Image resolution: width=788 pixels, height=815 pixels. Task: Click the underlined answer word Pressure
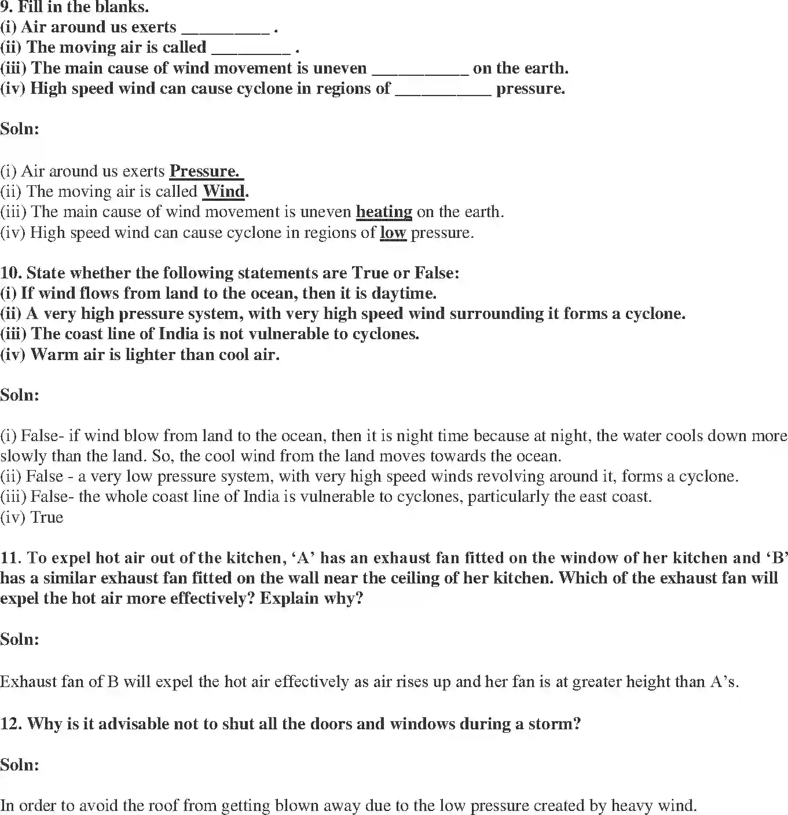pyautogui.click(x=204, y=171)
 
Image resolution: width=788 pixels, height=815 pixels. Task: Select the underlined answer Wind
pyautogui.click(x=223, y=192)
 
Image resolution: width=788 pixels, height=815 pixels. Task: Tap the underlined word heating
pyautogui.click(x=384, y=212)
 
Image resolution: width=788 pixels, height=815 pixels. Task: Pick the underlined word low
pyautogui.click(x=393, y=233)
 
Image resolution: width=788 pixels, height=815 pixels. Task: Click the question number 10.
pyautogui.click(x=11, y=273)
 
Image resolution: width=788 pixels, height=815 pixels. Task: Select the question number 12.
pyautogui.click(x=11, y=724)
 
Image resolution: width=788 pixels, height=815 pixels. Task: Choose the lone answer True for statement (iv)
pyautogui.click(x=46, y=517)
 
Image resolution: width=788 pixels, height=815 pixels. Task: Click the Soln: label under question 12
pyautogui.click(x=20, y=765)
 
